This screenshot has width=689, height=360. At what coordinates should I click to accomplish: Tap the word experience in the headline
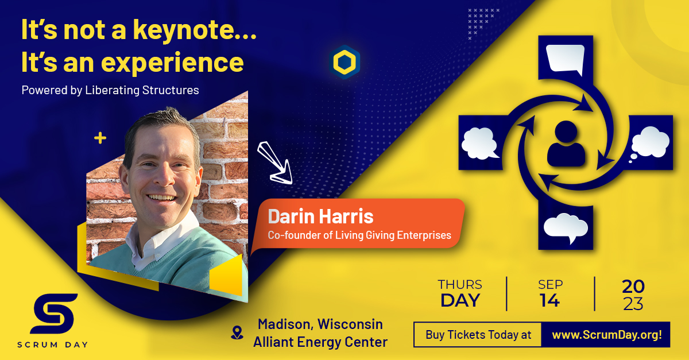pyautogui.click(x=172, y=64)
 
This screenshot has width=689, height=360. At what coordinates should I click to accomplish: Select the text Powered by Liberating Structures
pyautogui.click(x=110, y=90)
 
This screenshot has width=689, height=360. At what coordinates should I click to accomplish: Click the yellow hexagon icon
pyautogui.click(x=344, y=62)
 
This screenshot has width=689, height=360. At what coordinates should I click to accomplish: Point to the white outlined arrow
pyautogui.click(x=274, y=163)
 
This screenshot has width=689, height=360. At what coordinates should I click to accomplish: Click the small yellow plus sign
pyautogui.click(x=100, y=138)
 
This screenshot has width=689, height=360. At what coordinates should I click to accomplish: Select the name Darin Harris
pyautogui.click(x=320, y=216)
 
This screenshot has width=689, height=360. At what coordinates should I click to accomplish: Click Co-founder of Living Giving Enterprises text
pyautogui.click(x=359, y=235)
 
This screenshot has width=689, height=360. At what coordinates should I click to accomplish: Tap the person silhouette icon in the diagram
pyautogui.click(x=566, y=144)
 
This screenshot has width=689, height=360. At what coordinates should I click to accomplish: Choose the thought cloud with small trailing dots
pyautogui.click(x=649, y=144)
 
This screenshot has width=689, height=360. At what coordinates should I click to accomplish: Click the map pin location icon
pyautogui.click(x=237, y=332)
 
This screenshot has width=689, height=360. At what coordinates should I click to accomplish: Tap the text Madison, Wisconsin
pyautogui.click(x=320, y=324)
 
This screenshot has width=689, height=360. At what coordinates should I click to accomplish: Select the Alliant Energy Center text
pyautogui.click(x=320, y=342)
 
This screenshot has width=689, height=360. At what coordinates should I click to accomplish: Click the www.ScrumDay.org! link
pyautogui.click(x=606, y=335)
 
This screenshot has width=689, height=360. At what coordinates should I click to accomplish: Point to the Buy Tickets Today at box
pyautogui.click(x=478, y=335)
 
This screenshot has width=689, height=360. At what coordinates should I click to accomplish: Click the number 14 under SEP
pyautogui.click(x=550, y=300)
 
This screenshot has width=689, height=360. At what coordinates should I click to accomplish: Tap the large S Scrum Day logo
pyautogui.click(x=54, y=314)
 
